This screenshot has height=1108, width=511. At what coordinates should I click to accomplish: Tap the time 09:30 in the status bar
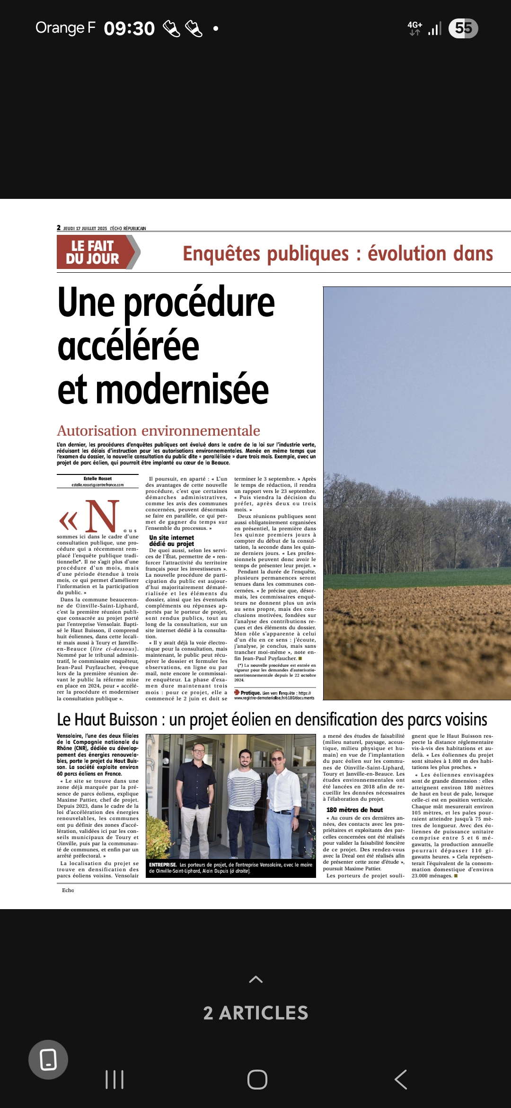[129, 28]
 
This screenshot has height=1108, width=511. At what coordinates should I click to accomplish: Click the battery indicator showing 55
[463, 28]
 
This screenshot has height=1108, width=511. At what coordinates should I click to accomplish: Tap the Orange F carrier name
[65, 28]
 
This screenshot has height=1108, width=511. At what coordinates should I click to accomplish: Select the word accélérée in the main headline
[128, 346]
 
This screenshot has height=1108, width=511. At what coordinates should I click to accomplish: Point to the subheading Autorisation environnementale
[159, 430]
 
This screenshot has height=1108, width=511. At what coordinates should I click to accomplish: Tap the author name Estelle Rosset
[97, 479]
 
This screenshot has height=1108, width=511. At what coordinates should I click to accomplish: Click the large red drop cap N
[102, 516]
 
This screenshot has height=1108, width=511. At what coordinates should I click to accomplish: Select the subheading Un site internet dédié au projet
[171, 541]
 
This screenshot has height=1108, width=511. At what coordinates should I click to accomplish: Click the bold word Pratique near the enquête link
[251, 693]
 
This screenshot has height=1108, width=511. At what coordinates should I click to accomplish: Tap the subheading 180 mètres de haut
[354, 810]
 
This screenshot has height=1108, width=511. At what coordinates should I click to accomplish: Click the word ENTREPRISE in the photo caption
[163, 865]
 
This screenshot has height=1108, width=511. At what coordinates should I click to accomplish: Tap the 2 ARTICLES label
[255, 1013]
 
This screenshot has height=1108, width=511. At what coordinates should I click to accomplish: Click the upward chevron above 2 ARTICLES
[255, 979]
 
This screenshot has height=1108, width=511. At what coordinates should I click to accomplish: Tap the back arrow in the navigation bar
[401, 1080]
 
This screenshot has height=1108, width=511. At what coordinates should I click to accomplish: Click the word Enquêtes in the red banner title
[218, 254]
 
